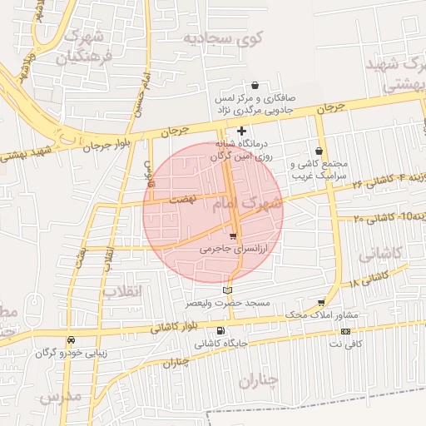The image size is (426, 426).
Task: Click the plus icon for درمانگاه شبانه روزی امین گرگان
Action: (x=241, y=131)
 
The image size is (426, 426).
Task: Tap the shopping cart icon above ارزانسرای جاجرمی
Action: (x=233, y=237)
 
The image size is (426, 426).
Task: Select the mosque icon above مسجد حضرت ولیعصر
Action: (x=228, y=290)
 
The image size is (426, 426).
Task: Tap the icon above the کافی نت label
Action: (x=345, y=331)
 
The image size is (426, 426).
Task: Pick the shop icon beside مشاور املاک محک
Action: (x=322, y=303)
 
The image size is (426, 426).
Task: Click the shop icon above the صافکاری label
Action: (x=254, y=85)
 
